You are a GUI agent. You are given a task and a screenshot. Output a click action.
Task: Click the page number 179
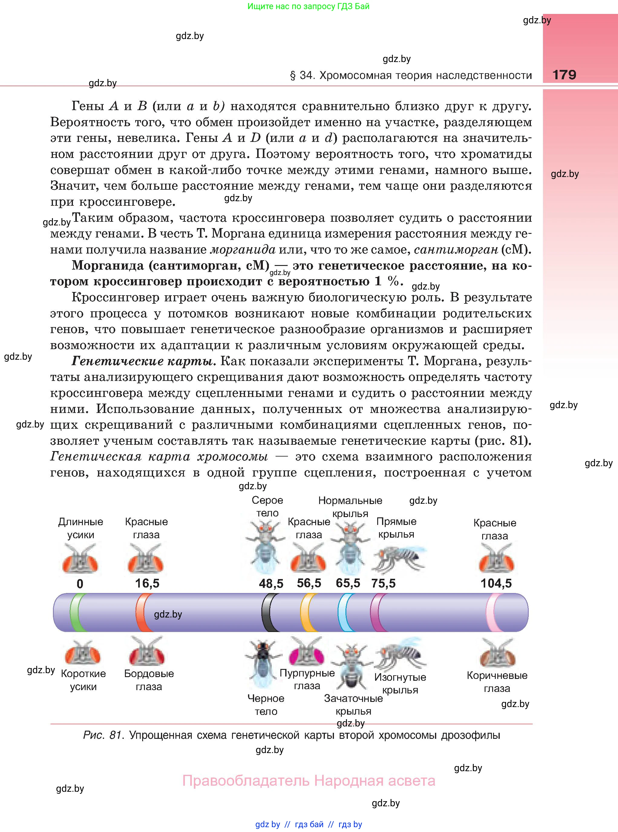(564, 75)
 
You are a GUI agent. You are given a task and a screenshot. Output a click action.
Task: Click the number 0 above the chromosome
(80, 584)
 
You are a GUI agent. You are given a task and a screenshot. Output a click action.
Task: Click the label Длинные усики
(81, 528)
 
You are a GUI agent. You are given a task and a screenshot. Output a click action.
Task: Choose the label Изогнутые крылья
(400, 683)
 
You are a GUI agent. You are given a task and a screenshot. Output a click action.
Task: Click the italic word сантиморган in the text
(456, 250)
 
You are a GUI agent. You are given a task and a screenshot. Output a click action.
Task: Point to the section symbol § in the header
(293, 76)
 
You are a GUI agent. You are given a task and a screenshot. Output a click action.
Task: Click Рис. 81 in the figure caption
(103, 735)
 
